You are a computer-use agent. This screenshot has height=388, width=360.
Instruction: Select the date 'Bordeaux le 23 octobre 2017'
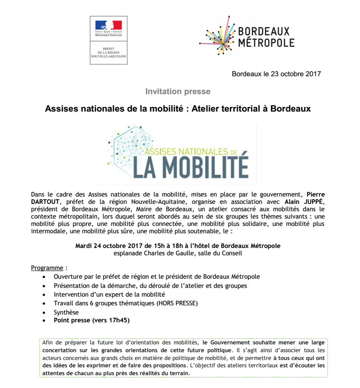[276, 73]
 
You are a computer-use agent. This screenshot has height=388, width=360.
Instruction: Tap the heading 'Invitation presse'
[178, 91]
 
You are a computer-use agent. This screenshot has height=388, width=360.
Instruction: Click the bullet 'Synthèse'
[66, 312]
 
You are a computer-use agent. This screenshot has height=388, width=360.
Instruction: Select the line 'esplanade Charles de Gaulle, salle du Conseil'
[178, 253]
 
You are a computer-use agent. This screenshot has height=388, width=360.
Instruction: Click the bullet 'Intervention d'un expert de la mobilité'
[109, 294]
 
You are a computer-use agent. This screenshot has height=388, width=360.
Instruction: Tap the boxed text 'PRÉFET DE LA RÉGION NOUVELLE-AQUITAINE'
[108, 54]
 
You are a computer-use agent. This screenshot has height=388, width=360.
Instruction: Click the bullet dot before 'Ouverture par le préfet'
[44, 277]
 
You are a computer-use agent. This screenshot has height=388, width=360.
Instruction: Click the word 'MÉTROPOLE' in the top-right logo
[266, 43]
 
